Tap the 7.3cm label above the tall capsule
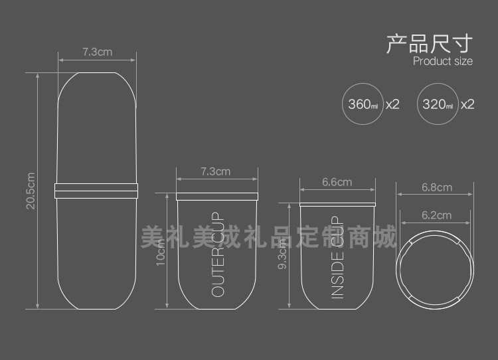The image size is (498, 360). tap(97, 52)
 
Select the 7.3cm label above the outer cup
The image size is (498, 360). tap(215, 171)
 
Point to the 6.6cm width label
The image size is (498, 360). tap(337, 182)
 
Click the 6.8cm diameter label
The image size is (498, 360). tap(436, 187)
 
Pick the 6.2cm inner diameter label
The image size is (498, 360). tap(436, 215)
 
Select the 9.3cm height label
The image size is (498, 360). tap(284, 253)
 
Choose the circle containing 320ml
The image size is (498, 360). tap(438, 104)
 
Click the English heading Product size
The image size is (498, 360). tap(443, 62)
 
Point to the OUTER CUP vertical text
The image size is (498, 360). tap(218, 256)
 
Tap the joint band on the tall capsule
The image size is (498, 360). tap(97, 189)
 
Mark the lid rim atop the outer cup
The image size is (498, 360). tap(216, 195)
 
